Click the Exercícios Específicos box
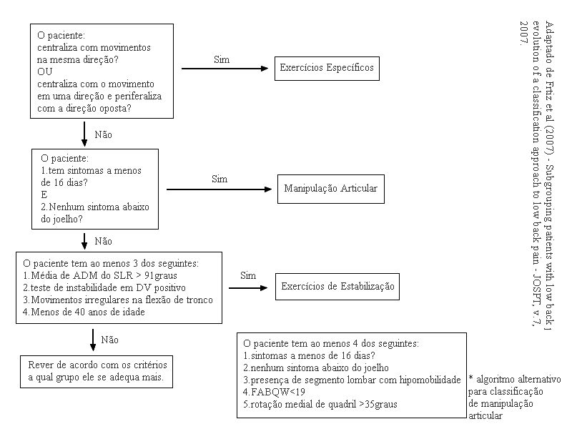pos(326,69)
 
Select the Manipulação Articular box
pos(330,189)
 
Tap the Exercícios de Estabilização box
pos(337,286)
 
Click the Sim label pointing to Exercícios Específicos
pos(222,59)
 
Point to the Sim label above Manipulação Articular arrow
pos(220,179)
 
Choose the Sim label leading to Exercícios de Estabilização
pos(248,275)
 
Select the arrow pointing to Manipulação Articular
pos(220,189)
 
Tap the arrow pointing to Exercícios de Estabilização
pos(249,286)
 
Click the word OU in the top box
pos(44,71)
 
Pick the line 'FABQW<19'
pos(273,392)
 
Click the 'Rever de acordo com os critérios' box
pos(95,370)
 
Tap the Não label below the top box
pos(103,134)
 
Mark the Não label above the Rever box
pos(109,340)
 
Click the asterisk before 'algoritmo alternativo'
pos(471,380)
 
